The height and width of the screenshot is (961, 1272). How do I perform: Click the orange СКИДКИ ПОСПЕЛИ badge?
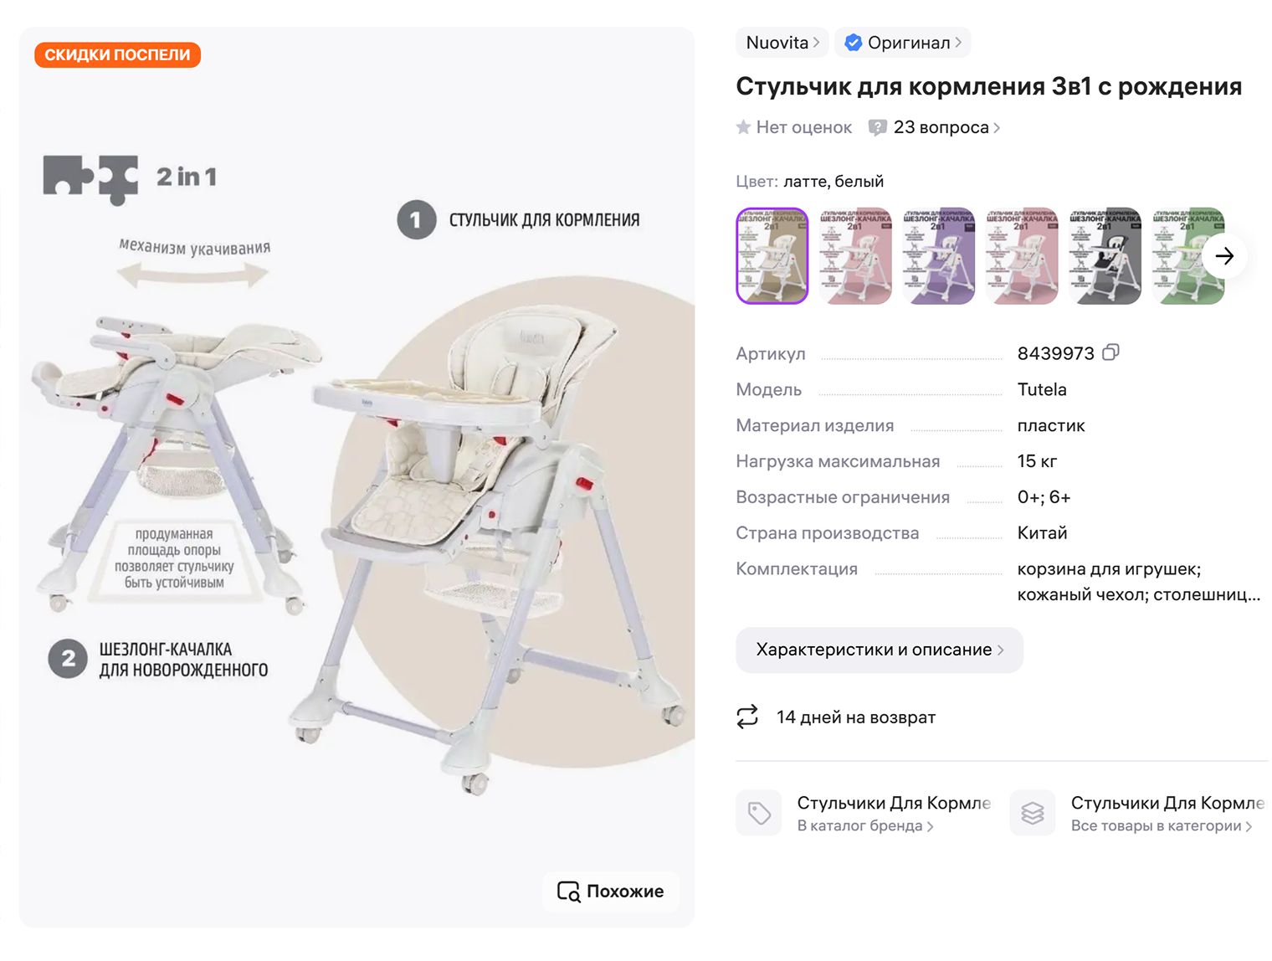click(x=117, y=55)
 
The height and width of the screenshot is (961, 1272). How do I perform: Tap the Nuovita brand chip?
click(x=782, y=43)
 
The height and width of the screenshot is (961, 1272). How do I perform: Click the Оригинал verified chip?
click(x=902, y=43)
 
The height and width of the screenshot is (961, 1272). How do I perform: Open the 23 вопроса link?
click(x=941, y=127)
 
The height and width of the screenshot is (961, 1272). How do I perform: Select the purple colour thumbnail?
click(x=939, y=256)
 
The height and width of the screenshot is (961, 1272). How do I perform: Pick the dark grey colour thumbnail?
click(x=1105, y=256)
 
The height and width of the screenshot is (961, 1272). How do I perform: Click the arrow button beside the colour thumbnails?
click(x=1224, y=256)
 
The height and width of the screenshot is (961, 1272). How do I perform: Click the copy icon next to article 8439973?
click(x=1110, y=352)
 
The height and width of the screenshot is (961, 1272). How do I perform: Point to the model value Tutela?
click(x=1042, y=389)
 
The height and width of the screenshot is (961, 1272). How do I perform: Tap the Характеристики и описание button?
click(x=879, y=650)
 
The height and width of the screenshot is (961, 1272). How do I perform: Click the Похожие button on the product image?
click(x=611, y=892)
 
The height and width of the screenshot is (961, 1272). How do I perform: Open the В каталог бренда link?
click(x=864, y=826)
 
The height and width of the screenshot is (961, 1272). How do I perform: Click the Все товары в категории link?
click(x=1161, y=826)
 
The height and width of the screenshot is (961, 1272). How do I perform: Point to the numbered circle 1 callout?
click(x=416, y=220)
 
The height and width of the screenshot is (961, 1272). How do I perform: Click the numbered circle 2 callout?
click(x=68, y=659)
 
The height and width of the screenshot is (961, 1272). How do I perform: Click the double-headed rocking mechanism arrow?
click(x=192, y=274)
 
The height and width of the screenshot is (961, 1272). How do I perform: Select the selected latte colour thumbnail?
click(x=772, y=256)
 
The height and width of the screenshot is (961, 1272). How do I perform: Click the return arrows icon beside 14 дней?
click(x=747, y=717)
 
